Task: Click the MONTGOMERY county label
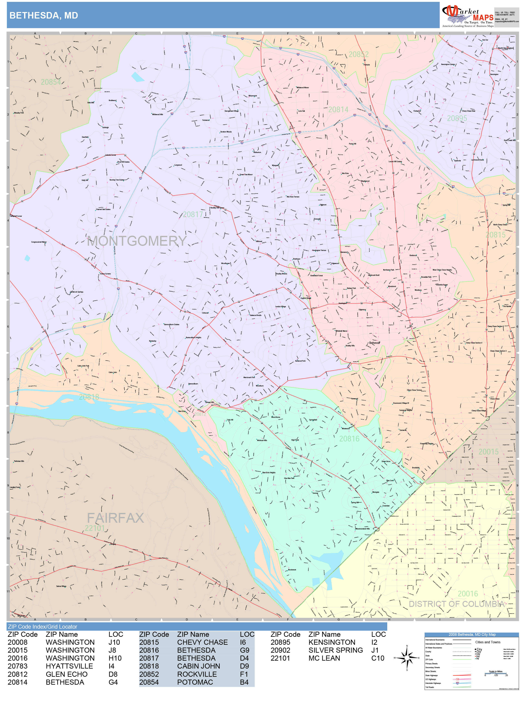[137, 241]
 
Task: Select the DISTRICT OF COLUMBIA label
[456, 604]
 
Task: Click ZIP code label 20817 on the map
[192, 214]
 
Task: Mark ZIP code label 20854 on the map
[51, 82]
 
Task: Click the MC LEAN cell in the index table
[324, 658]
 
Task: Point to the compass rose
[407, 658]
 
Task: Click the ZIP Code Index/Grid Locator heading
[43, 627]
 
